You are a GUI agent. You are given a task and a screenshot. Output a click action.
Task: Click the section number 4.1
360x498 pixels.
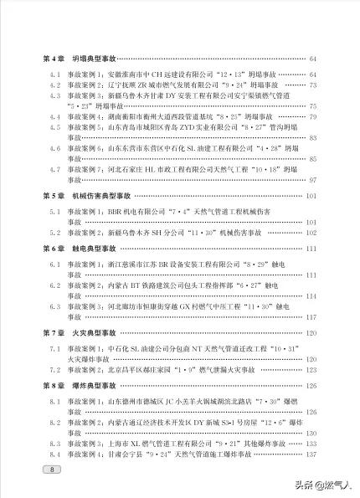tap(49, 74)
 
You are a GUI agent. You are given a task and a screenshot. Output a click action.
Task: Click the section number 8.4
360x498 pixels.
tap(49, 454)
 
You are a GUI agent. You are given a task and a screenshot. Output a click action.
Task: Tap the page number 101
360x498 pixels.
tap(311, 196)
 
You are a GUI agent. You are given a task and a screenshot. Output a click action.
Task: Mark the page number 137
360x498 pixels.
tap(311, 454)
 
